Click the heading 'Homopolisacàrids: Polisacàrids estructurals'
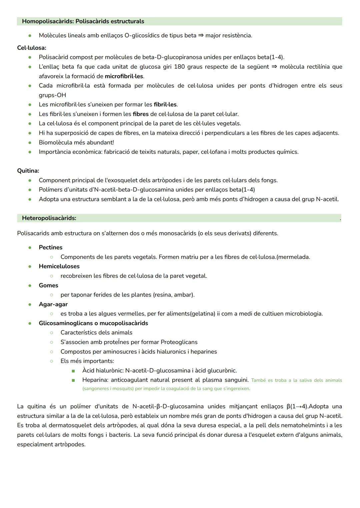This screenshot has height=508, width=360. [x=83, y=21]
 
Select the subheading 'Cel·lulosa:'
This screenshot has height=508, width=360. [x=32, y=48]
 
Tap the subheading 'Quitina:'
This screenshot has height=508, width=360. [x=28, y=171]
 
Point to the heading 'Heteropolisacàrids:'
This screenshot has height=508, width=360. [x=49, y=218]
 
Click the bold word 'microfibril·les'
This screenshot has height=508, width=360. [x=124, y=76]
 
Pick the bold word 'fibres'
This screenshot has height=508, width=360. [x=141, y=114]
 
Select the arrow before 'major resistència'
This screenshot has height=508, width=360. [x=201, y=35]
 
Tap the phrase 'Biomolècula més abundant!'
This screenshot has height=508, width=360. [x=76, y=142]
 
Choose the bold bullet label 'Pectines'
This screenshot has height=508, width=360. [x=51, y=248]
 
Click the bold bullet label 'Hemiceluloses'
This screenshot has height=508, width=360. [x=59, y=266]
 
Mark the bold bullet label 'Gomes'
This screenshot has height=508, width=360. [x=48, y=285]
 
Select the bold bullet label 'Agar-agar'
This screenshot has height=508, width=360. [x=53, y=304]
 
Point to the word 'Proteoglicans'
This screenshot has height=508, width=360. [x=179, y=342]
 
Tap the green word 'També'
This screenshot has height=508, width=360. [x=258, y=380]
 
